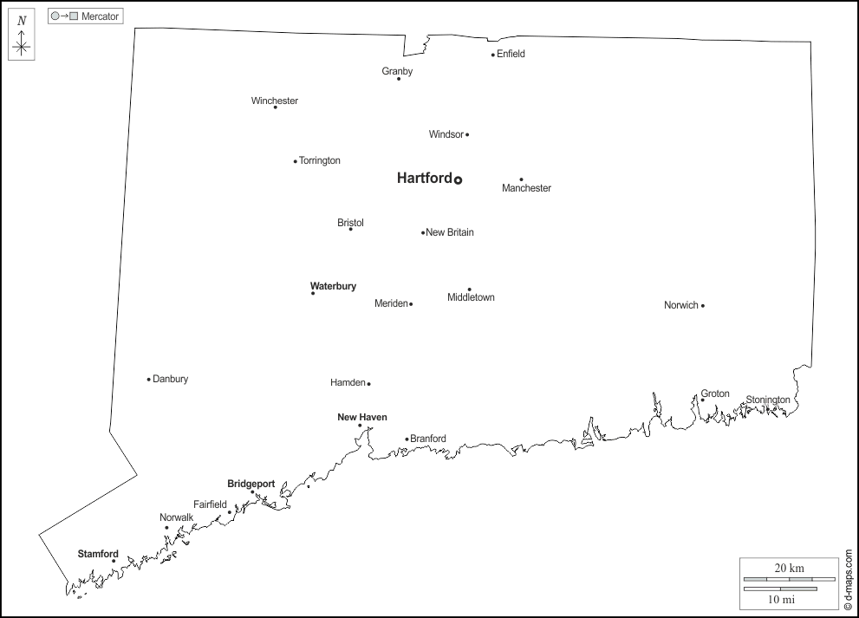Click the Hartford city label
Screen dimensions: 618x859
tap(424, 179)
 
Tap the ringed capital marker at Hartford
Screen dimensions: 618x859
tap(458, 180)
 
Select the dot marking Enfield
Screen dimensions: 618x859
tap(493, 55)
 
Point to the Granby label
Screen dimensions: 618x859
tap(397, 71)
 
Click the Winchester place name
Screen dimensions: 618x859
tap(275, 101)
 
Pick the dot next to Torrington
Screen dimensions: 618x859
tap(295, 161)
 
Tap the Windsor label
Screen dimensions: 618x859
tap(446, 134)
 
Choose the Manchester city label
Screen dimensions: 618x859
tap(526, 188)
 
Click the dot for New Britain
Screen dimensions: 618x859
tap(423, 232)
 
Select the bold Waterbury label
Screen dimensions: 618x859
tap(333, 286)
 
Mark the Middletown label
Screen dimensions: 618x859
tap(471, 297)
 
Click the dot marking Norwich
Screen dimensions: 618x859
tap(703, 305)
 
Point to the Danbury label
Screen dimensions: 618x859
tap(170, 379)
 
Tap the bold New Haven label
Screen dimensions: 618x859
tap(362, 417)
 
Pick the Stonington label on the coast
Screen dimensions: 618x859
tap(768, 400)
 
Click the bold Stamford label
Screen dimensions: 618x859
tap(98, 554)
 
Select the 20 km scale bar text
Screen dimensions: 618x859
tap(789, 568)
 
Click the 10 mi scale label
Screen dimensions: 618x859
tap(782, 599)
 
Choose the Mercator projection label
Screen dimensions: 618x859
tap(100, 16)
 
